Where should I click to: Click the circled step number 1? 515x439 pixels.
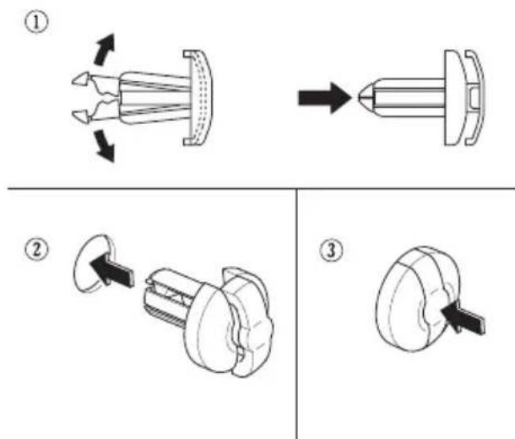pyautogui.click(x=36, y=22)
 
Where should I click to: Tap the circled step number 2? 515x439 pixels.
pyautogui.click(x=37, y=250)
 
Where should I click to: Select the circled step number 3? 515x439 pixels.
pyautogui.click(x=332, y=251)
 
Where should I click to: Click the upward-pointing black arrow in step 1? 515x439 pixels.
pyautogui.click(x=105, y=49)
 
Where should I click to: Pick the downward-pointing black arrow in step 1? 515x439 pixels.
pyautogui.click(x=105, y=145)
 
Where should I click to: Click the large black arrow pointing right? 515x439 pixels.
pyautogui.click(x=324, y=98)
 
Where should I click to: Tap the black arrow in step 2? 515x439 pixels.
pyautogui.click(x=111, y=270)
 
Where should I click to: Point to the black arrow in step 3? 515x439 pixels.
pyautogui.click(x=463, y=317)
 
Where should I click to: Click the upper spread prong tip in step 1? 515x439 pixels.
pyautogui.click(x=81, y=79)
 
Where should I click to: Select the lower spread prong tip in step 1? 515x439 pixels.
pyautogui.click(x=81, y=117)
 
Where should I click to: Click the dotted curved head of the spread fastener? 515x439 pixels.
pyautogui.click(x=198, y=98)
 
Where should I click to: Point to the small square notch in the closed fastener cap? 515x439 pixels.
pyautogui.click(x=474, y=98)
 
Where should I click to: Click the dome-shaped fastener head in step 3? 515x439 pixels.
pyautogui.click(x=417, y=299)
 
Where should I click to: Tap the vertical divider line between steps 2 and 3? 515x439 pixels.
pyautogui.click(x=296, y=314)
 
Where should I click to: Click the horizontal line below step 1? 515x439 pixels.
pyautogui.click(x=261, y=188)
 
